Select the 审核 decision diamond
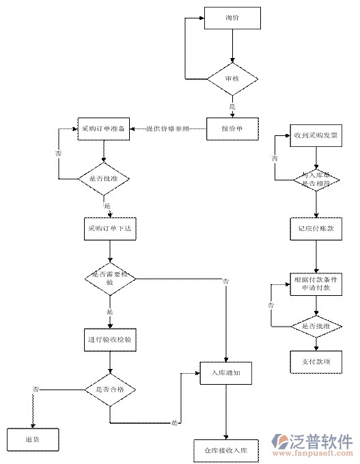[x=232, y=79]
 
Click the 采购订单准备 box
[x=103, y=128]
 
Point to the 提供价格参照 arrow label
[x=176, y=128]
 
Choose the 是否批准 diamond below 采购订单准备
[x=103, y=180]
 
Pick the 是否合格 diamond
[x=109, y=390]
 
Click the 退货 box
[x=33, y=439]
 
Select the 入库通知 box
[x=226, y=373]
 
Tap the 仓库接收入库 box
[x=225, y=452]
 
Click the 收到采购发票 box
[x=316, y=135]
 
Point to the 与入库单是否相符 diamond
[x=316, y=180]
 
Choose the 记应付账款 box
[x=316, y=229]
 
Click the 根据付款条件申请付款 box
[x=316, y=284]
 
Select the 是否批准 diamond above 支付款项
[x=316, y=327]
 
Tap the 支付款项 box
[x=316, y=361]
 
